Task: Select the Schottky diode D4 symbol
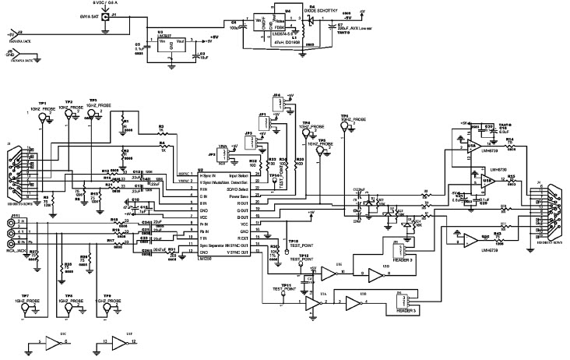(312, 19)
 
